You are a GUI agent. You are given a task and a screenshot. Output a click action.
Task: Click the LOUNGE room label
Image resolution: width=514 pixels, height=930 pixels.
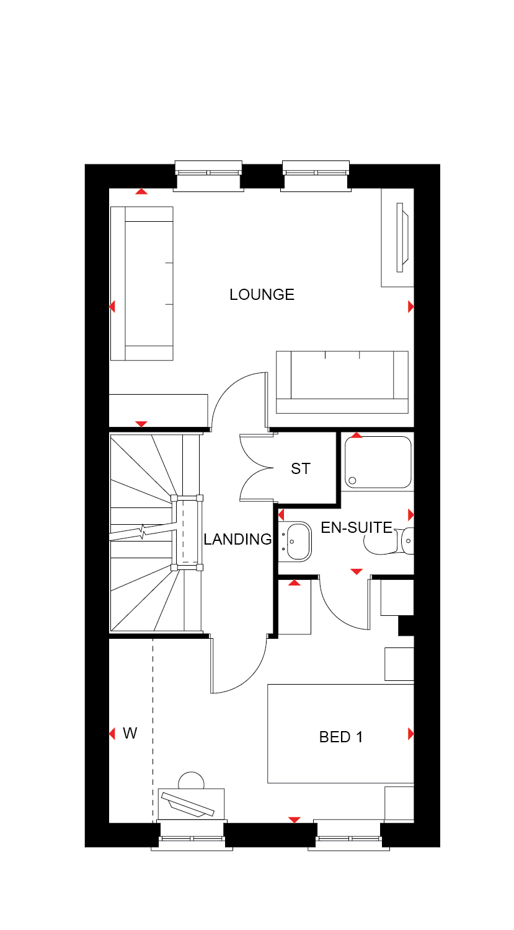click(x=262, y=295)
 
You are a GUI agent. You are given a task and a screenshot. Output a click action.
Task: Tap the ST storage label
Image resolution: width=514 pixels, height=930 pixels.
click(x=301, y=469)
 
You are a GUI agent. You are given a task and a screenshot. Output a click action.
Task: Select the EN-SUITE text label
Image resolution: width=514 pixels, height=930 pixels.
click(x=357, y=527)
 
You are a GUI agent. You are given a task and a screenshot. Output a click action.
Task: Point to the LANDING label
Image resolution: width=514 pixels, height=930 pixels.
click(x=237, y=539)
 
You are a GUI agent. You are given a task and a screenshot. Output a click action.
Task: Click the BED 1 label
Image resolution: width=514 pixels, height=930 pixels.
click(x=341, y=737)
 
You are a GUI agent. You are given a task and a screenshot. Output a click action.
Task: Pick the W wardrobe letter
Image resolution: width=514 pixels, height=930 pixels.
click(x=130, y=733)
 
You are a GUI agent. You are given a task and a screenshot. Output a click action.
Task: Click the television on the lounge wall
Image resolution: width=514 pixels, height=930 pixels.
click(x=402, y=237)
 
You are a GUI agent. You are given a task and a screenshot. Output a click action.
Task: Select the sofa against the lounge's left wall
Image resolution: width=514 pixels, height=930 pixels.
click(x=142, y=284)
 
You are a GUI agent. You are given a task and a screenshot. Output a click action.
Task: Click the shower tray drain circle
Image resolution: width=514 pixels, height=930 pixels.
click(x=352, y=481)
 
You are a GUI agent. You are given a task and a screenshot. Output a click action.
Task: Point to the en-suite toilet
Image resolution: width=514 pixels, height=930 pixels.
click(x=389, y=541)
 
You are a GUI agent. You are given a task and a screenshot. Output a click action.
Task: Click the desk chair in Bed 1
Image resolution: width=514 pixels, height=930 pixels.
click(x=191, y=781)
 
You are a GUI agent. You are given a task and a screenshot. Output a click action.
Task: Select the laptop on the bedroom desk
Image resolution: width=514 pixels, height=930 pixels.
click(x=188, y=805)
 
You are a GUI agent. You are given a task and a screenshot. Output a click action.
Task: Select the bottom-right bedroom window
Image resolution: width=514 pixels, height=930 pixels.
click(x=348, y=835)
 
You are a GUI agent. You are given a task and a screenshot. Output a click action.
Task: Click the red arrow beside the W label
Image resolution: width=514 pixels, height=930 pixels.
click(x=112, y=734)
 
